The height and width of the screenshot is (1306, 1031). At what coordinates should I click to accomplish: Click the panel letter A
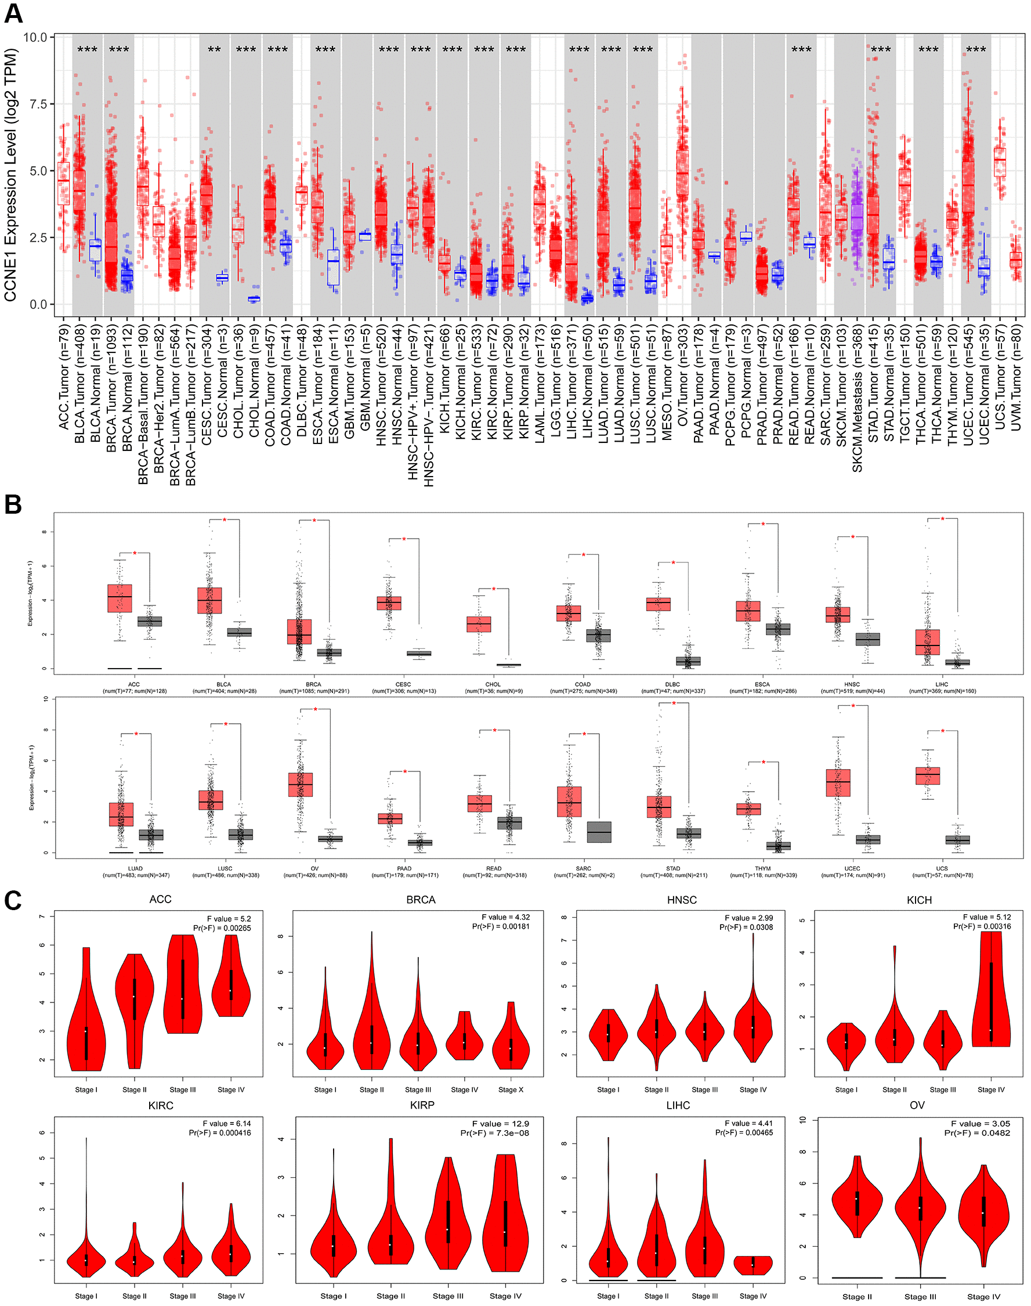13,13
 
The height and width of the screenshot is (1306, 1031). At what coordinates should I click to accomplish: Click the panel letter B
13,504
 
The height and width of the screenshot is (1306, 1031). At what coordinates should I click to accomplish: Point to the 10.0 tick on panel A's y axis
35,37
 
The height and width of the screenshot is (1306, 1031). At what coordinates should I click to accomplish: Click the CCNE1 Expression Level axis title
10,175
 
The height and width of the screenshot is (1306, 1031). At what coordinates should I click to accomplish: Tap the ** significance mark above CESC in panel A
214,49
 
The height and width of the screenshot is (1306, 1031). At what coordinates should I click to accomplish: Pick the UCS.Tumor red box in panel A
1000,163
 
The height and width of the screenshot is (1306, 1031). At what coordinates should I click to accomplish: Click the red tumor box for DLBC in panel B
658,604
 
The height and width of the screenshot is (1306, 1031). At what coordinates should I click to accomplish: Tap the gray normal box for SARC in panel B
599,832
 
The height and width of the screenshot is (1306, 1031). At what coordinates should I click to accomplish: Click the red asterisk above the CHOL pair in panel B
494,589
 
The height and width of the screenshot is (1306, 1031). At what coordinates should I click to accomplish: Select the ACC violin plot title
160,900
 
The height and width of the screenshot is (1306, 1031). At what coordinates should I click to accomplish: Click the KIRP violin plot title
422,1105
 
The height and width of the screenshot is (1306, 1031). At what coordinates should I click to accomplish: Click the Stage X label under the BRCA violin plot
511,1090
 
